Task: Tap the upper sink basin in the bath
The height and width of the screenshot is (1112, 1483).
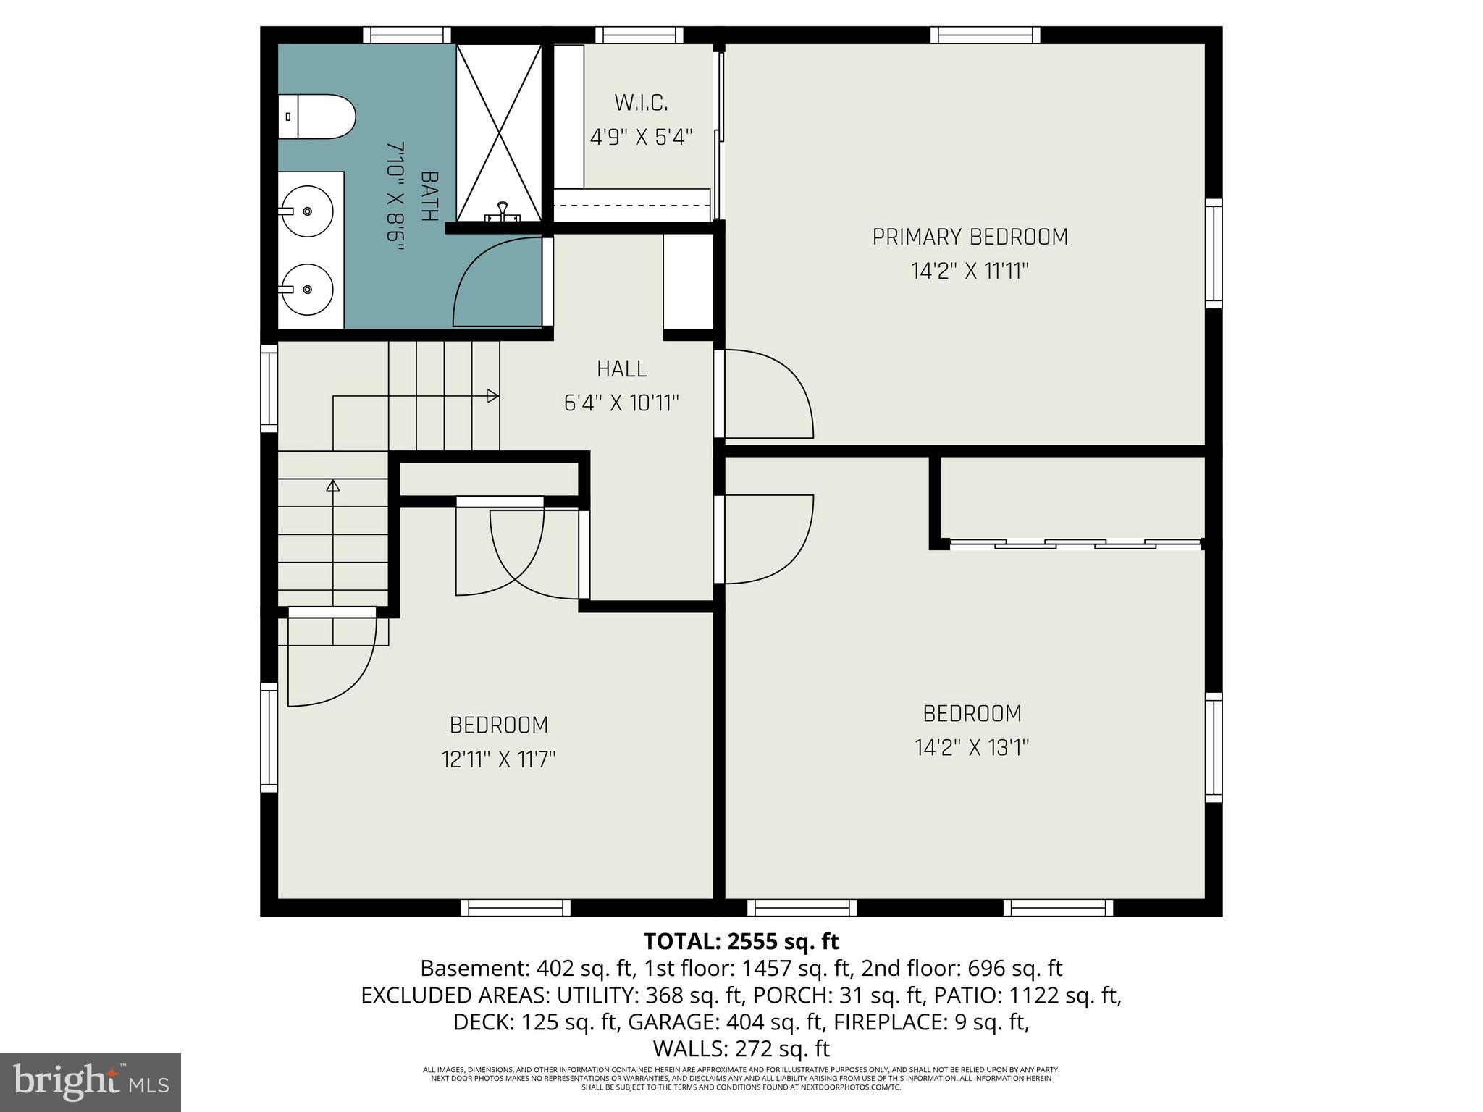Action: click(x=307, y=211)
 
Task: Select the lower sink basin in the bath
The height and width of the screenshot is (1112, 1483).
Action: click(x=307, y=289)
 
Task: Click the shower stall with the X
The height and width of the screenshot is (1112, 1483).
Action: click(x=499, y=132)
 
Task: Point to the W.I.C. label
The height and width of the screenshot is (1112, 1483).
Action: click(x=641, y=103)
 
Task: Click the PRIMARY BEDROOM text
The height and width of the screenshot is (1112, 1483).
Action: click(x=970, y=237)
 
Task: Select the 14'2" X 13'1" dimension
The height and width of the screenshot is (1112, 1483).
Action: click(x=972, y=747)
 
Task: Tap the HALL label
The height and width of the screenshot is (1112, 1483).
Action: click(x=621, y=369)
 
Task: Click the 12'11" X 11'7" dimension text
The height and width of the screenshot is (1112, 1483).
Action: click(x=498, y=759)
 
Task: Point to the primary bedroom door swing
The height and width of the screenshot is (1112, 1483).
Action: click(x=769, y=395)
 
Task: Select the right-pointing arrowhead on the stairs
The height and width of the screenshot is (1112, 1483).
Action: click(x=492, y=396)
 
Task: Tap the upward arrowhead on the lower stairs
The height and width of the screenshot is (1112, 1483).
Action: click(x=333, y=486)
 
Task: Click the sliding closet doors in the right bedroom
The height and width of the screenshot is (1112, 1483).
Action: click(x=1075, y=543)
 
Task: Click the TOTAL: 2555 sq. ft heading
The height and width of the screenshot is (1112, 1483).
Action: click(x=741, y=941)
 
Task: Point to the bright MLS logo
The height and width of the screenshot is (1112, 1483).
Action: click(x=91, y=1082)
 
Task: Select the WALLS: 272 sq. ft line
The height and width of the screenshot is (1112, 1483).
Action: click(x=741, y=1048)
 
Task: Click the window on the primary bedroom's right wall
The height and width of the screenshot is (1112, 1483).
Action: click(x=1214, y=253)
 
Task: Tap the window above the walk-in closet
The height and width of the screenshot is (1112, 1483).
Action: click(x=639, y=35)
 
